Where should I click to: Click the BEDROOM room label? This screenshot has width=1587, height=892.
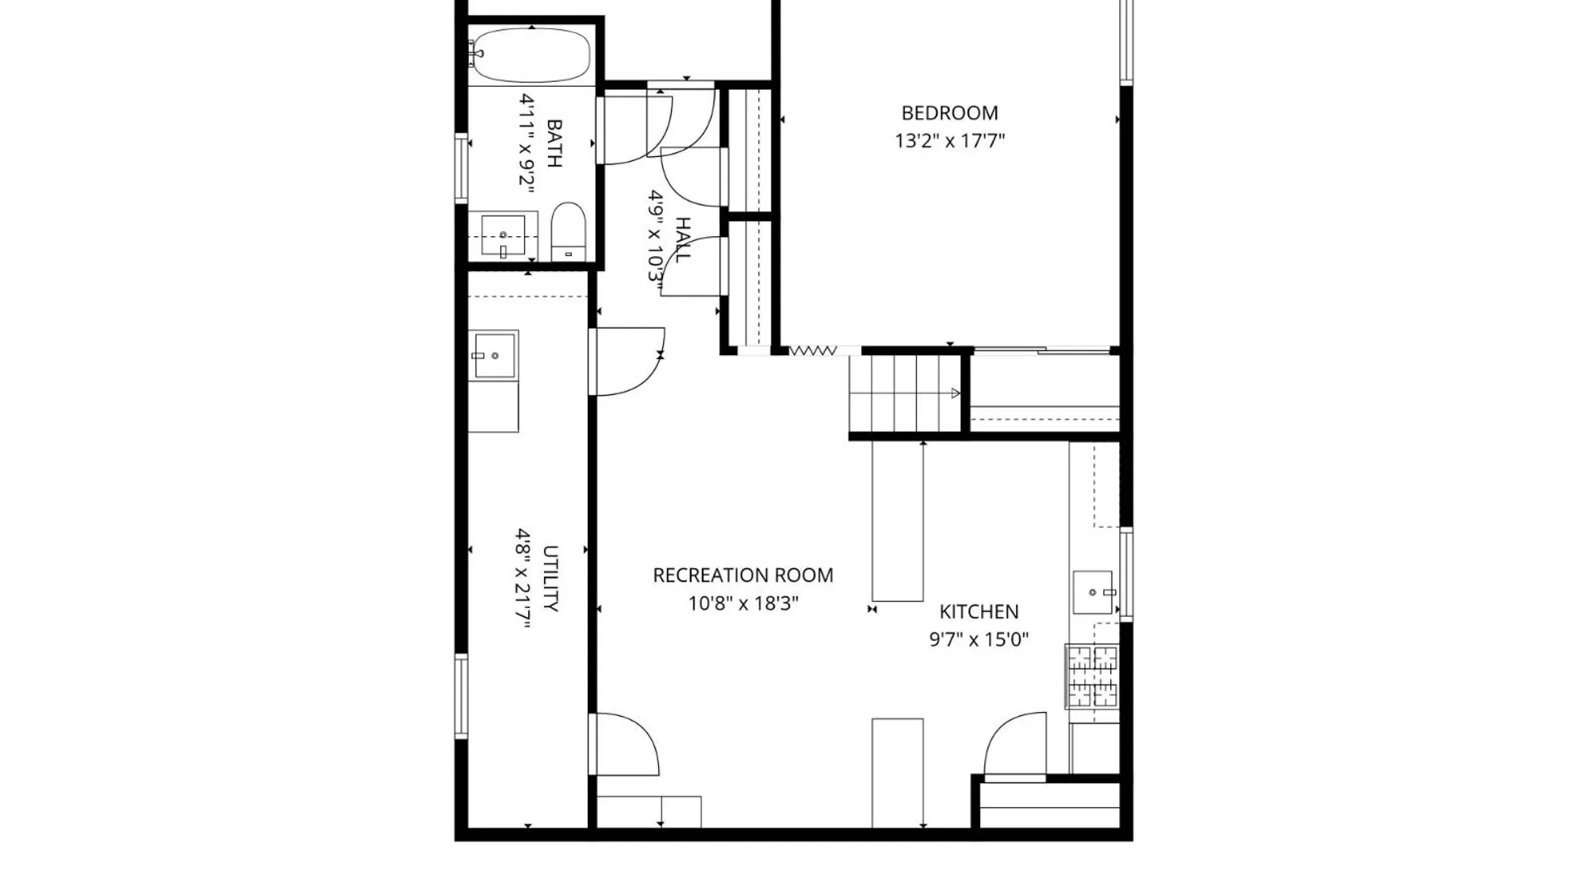point(949,113)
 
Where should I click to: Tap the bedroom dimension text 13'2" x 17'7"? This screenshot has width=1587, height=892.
point(949,140)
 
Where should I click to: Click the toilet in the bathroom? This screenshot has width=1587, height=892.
point(568,231)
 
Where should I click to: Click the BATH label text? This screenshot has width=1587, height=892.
point(555,143)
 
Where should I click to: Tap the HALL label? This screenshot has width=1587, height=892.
point(683,240)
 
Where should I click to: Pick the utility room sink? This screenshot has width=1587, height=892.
point(493,355)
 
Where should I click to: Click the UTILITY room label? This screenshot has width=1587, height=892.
point(550,578)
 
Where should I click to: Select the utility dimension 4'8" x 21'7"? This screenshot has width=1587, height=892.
point(523,578)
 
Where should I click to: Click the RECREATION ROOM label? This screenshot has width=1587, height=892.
point(743,576)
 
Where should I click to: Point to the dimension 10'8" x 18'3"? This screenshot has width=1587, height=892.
point(743,604)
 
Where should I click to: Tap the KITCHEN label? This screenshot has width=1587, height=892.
point(979,612)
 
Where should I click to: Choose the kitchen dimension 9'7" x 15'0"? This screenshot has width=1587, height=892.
point(979,639)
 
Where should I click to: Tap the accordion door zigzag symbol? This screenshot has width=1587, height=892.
point(813,351)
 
